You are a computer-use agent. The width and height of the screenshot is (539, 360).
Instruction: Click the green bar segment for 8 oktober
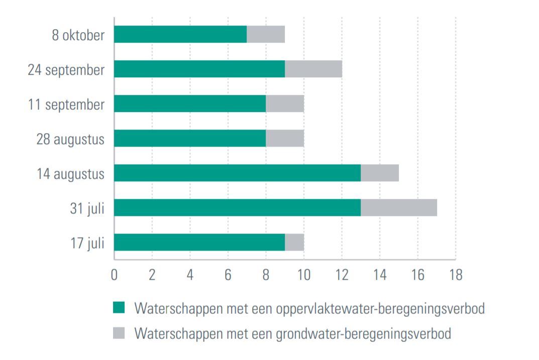180,34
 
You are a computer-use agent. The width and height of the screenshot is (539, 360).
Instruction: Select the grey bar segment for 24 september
313,69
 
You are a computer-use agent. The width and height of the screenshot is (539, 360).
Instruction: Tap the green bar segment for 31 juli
237,207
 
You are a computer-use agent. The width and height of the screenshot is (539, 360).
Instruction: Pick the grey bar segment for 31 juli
399,207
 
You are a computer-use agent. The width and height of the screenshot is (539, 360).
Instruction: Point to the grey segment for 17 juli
294,242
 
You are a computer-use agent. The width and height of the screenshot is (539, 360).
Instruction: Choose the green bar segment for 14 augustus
237,173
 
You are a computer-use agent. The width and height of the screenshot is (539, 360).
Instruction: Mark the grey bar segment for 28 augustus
285,138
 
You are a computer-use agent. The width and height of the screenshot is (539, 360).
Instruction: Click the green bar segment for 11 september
190,103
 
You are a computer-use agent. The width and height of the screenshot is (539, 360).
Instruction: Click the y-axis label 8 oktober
78,36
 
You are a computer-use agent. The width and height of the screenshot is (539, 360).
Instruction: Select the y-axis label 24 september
66,70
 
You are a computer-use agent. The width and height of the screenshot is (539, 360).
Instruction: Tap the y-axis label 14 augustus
70,174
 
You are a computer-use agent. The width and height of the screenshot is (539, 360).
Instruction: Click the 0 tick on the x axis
115,275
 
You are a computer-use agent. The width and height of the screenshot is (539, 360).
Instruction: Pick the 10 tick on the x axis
303,275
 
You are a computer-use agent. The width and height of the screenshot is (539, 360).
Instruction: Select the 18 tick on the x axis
455,275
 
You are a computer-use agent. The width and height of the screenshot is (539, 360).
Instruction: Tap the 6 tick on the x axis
228,275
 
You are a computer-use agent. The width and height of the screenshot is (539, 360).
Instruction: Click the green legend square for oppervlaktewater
119,308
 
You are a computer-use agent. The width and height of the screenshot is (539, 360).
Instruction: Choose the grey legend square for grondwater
119,332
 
